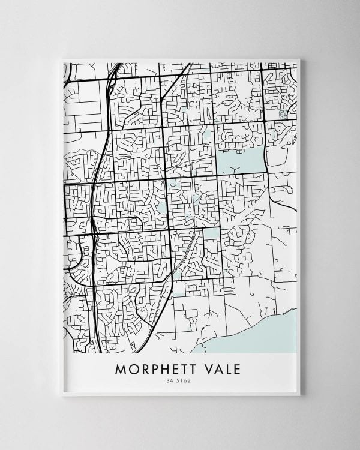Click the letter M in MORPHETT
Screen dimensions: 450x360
[x=121, y=368]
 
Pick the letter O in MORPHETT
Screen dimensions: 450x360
[x=133, y=368]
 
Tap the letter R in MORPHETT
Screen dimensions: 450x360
[x=143, y=368]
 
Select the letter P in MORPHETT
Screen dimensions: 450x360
[x=153, y=368]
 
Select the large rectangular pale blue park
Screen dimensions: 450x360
[x=240, y=161]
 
